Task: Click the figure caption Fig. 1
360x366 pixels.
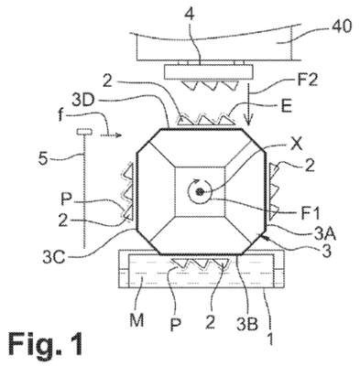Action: click(45, 344)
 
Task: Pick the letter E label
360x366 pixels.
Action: click(287, 106)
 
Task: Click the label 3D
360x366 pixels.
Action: click(84, 101)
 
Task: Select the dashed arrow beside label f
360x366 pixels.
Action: click(111, 135)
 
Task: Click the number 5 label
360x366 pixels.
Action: click(43, 159)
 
